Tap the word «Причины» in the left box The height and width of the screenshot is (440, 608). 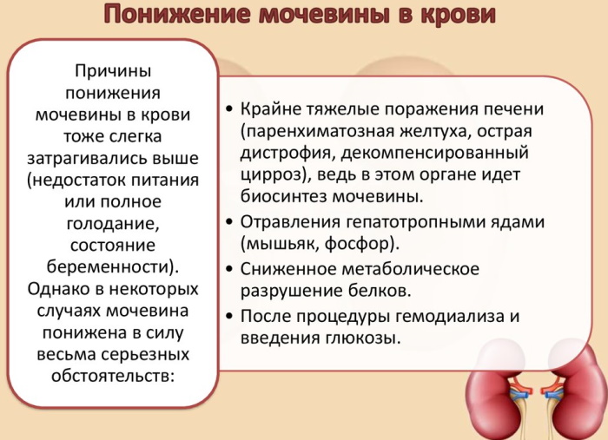pos(113,71)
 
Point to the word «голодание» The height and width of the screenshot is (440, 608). pos(112,224)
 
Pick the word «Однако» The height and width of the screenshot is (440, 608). pos(59,289)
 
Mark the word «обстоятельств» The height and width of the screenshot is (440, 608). pos(110,376)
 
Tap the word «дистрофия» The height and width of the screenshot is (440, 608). pos(287,153)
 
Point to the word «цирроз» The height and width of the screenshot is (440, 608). pos(270,175)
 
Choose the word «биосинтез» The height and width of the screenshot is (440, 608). pos(283,196)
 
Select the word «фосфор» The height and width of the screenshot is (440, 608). pos(357,244)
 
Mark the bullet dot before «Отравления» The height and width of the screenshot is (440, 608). pos(230,222)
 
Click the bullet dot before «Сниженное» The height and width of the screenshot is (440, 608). pos(230,269)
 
